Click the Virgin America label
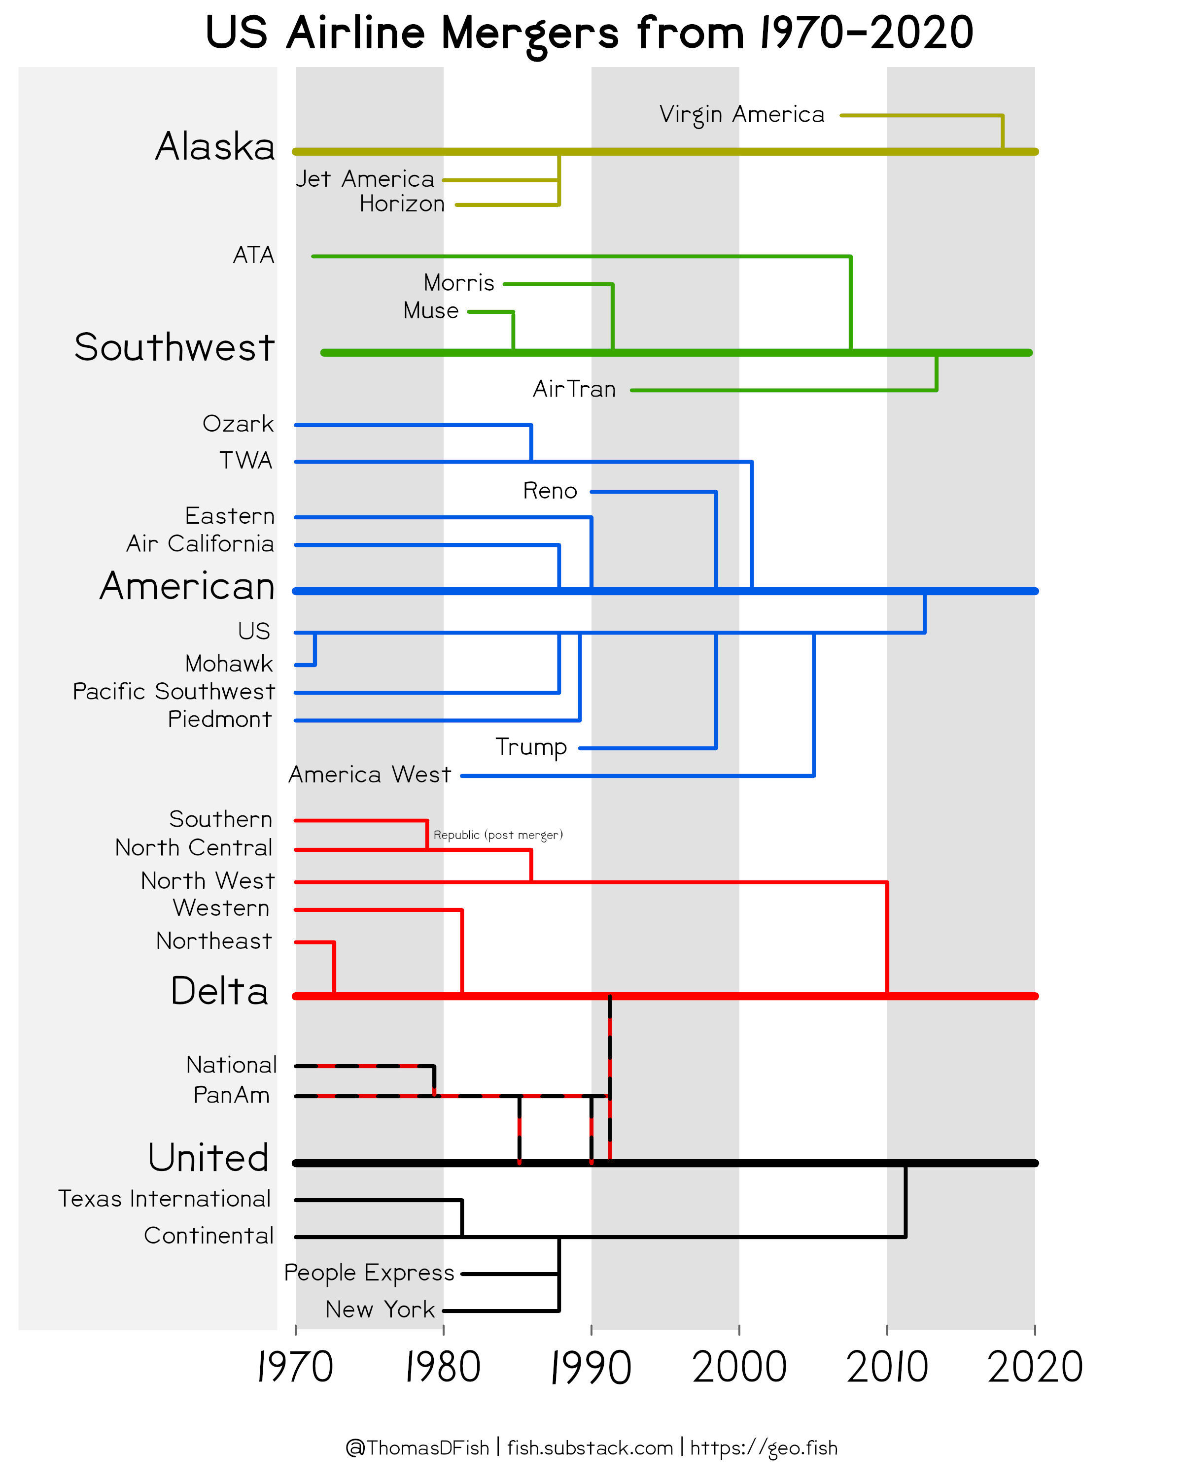click(x=741, y=114)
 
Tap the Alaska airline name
click(x=214, y=147)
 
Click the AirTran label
click(x=574, y=389)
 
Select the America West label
click(x=370, y=774)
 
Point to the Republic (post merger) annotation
click(x=498, y=835)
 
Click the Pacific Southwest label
click(x=174, y=691)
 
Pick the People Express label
click(x=369, y=1273)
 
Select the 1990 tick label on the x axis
click(x=591, y=1368)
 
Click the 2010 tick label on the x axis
click(x=887, y=1368)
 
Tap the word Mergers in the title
click(x=529, y=33)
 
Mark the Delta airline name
click(x=219, y=991)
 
